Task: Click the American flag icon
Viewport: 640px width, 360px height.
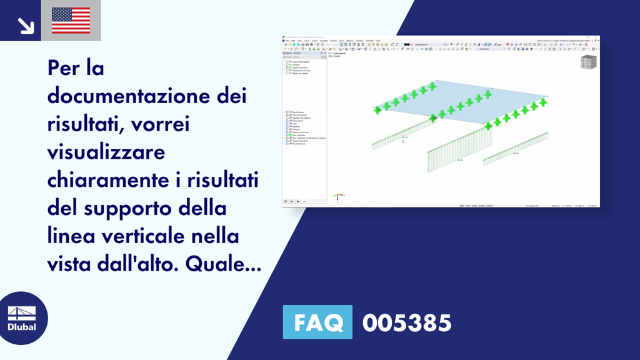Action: point(71,21)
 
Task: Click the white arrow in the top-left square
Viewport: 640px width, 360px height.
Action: point(26,24)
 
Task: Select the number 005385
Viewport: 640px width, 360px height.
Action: point(406,323)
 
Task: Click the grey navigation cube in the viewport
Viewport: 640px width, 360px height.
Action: point(588,62)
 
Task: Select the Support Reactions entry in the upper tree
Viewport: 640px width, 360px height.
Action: point(301,67)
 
